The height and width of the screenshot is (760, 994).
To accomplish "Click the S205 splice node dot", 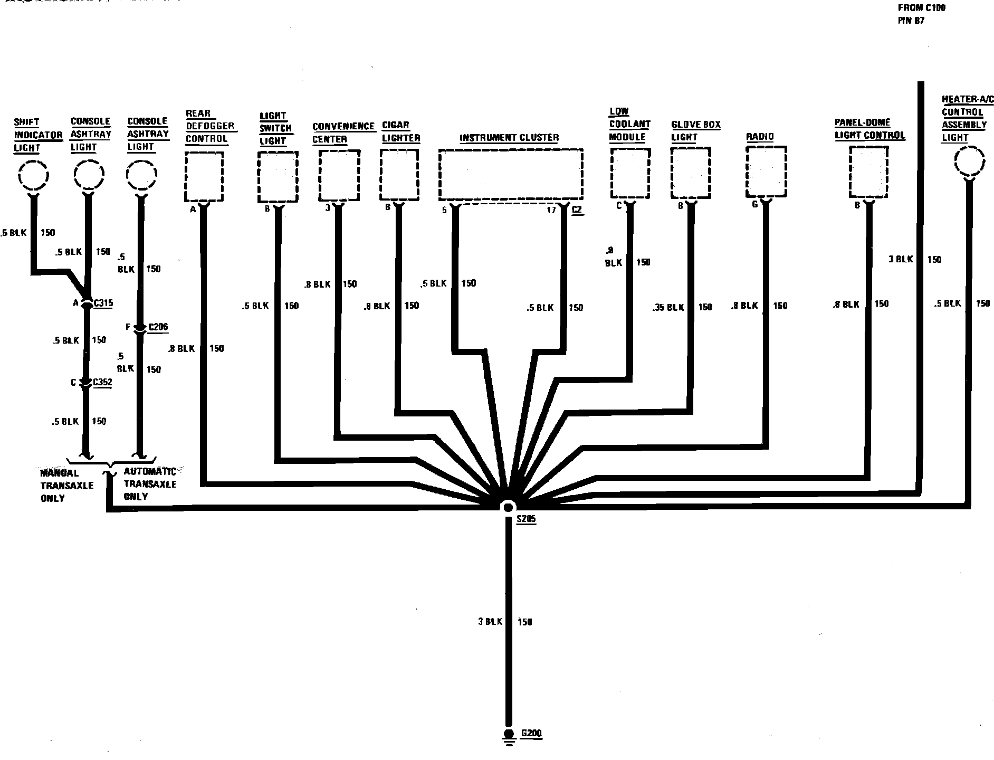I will (508, 507).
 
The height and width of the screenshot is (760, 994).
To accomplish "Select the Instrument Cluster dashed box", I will (511, 175).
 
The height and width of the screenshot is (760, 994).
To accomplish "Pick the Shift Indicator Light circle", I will (34, 175).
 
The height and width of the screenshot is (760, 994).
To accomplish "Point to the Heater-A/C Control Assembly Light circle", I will (970, 161).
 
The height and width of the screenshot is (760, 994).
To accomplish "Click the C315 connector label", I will (103, 303).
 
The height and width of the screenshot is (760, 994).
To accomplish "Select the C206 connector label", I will (158, 327).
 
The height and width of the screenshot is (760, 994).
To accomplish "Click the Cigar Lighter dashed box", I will (399, 175).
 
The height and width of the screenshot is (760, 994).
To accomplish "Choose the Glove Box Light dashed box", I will (691, 173).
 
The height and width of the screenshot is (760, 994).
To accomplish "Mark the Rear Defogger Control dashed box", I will (204, 177).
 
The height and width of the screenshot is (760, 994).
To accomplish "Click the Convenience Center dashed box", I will (339, 175).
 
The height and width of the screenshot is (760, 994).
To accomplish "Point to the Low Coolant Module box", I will (629, 173).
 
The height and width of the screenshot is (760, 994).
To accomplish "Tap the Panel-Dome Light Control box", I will (868, 172).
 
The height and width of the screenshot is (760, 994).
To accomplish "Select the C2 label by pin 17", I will (577, 210).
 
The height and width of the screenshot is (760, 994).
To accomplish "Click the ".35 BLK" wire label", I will (668, 307).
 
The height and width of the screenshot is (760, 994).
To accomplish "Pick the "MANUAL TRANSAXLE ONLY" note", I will (60, 486).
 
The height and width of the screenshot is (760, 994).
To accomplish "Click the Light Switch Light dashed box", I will (278, 177).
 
